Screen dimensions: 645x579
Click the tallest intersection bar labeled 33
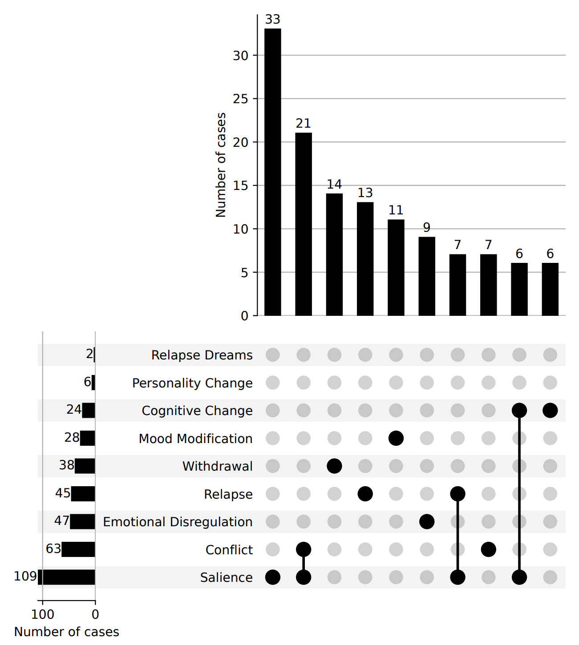point(272,172)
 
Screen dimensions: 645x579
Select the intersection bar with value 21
point(304,224)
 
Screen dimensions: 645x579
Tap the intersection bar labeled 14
point(334,254)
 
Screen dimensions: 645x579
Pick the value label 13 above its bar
point(365,193)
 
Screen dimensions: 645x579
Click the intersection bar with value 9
point(427,276)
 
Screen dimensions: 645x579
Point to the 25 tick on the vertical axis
point(240,99)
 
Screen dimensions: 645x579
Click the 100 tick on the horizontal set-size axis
point(43,614)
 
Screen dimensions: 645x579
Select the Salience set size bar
point(66,577)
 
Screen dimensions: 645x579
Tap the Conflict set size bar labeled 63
point(78,549)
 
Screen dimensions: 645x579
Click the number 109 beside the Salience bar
point(25,576)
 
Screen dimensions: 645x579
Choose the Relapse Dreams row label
point(202,355)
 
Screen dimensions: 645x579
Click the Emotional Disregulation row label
point(178,522)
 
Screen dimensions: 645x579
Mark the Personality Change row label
point(192,383)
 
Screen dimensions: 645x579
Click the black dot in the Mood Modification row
point(396,438)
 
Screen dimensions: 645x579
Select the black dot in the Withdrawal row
point(334,466)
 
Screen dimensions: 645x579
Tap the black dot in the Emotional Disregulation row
point(427,522)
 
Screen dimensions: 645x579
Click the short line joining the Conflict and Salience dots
point(304,564)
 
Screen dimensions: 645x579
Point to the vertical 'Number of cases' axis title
point(221,165)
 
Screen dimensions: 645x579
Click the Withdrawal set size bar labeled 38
point(85,466)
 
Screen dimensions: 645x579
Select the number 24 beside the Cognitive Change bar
point(74,409)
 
